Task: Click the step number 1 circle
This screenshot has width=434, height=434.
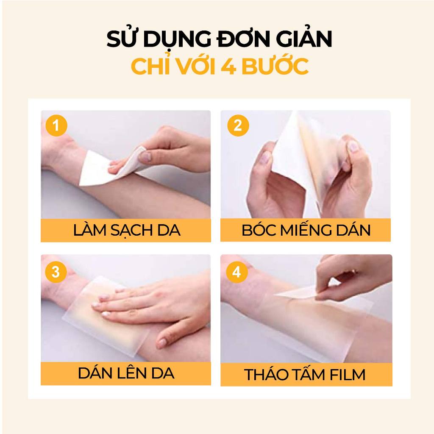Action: (x=56, y=125)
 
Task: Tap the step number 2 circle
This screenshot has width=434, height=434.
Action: (x=238, y=125)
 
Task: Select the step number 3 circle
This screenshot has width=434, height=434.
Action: (x=56, y=272)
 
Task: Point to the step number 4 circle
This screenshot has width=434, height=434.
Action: (x=236, y=272)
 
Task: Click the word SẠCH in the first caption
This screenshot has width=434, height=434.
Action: (x=132, y=231)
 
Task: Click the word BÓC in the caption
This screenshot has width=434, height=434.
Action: (x=259, y=230)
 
